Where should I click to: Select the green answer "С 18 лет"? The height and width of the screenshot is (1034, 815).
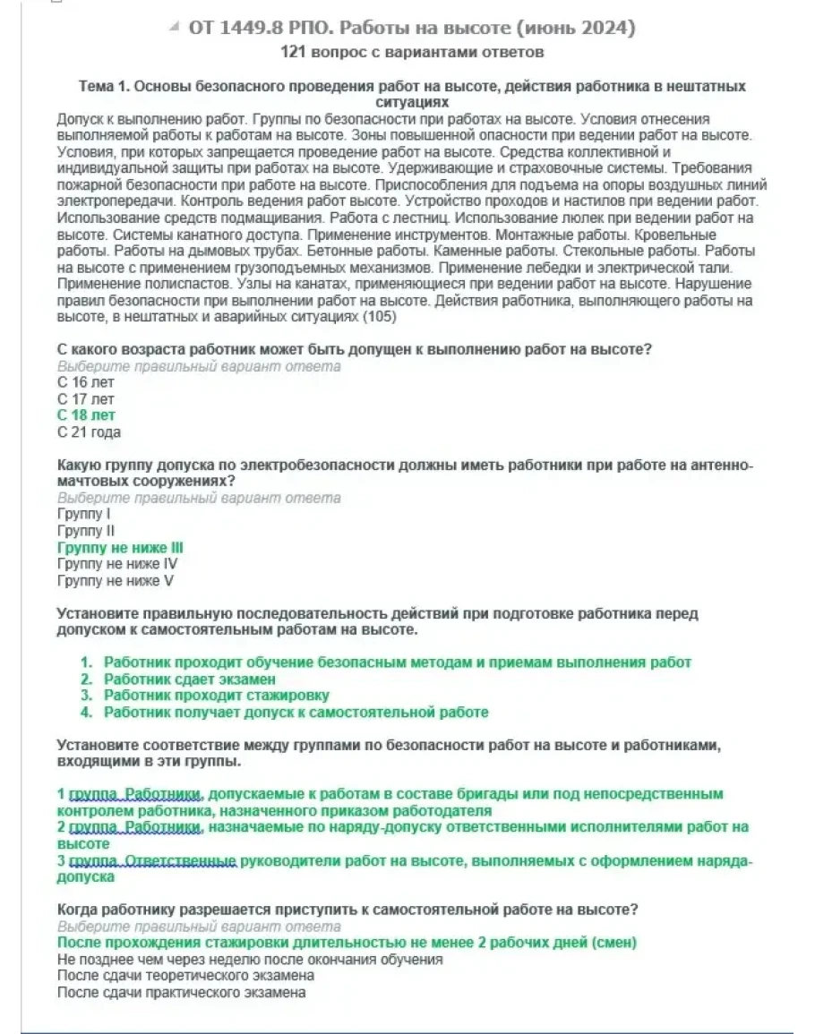point(86,415)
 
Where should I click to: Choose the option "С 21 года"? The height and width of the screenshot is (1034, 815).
point(89,432)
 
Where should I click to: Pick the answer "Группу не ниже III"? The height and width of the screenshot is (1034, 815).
point(120,547)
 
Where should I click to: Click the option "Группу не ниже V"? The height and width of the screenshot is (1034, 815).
point(115,580)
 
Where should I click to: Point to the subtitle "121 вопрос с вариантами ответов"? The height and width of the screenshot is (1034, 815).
point(412,53)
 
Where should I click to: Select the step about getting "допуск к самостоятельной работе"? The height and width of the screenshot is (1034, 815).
point(296,713)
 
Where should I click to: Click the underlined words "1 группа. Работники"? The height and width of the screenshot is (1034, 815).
point(130,794)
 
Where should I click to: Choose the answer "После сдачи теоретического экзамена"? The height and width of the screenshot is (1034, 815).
point(184,975)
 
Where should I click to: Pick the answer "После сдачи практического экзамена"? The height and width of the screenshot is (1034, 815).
point(181,992)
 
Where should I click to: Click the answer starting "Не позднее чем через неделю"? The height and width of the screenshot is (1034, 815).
point(250,959)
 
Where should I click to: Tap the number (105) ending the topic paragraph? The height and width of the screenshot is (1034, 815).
point(380,317)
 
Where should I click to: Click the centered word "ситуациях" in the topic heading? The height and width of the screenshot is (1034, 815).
point(412,103)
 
